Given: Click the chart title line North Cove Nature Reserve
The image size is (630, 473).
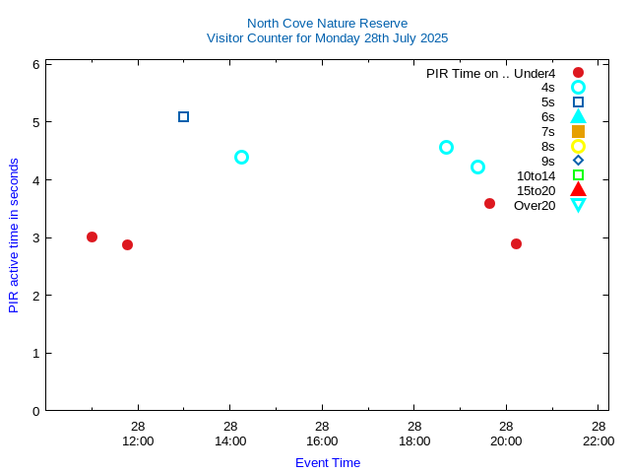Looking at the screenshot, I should click(x=327, y=23).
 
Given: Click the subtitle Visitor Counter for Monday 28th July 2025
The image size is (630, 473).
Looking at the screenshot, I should click(x=327, y=38).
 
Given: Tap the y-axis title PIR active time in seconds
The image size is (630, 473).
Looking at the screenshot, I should click(x=14, y=235).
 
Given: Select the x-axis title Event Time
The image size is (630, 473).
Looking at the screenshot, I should click(x=328, y=462).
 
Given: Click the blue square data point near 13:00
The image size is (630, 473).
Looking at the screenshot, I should click(x=183, y=116).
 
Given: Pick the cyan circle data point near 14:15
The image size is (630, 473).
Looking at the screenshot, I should click(x=241, y=157).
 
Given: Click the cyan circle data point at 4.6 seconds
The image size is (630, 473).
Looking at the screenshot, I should click(x=446, y=147).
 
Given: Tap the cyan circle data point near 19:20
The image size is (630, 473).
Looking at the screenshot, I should click(x=477, y=167).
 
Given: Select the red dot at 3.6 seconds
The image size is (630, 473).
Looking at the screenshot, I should click(x=489, y=203).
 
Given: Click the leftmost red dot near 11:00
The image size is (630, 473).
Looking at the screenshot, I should click(x=92, y=236).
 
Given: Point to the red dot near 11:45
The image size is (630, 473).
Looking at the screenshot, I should click(x=127, y=244).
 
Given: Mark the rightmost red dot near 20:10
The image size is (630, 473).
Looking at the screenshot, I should click(x=516, y=243).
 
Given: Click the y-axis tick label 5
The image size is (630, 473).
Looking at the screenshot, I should click(x=35, y=122).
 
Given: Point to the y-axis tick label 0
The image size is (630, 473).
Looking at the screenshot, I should click(x=35, y=411).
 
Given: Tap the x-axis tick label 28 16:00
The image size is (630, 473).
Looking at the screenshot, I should click(x=322, y=434).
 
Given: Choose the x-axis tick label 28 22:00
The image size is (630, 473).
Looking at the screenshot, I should click(x=598, y=434).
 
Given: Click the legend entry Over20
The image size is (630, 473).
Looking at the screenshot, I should click(x=535, y=205).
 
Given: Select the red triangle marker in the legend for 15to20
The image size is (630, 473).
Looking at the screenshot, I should click(x=578, y=190).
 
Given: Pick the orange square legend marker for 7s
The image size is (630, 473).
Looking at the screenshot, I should click(x=578, y=131).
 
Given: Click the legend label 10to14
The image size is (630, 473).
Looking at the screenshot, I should click(x=535, y=175).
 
